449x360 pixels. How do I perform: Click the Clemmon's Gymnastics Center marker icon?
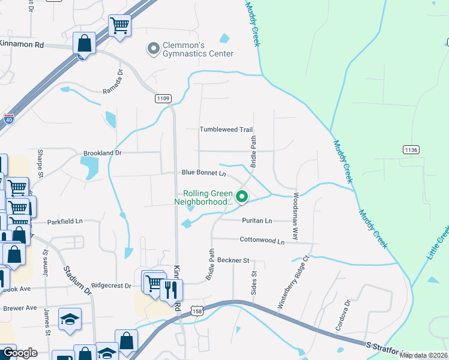153,48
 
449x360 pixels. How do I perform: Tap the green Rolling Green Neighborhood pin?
242,196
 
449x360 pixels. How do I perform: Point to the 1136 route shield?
411,149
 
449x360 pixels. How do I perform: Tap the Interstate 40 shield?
9,118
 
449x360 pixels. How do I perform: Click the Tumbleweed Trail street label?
226,130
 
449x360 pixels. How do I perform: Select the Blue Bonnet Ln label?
203,173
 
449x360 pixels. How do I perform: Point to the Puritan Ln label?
257,221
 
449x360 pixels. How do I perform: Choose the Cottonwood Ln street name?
262,241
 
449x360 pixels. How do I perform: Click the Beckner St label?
233,260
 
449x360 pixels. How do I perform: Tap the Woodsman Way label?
296,217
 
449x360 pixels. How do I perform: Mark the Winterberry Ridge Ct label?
292,283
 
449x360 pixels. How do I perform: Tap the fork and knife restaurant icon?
171,290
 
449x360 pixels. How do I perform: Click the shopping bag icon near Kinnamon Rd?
83,43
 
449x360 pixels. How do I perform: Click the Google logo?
20,353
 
